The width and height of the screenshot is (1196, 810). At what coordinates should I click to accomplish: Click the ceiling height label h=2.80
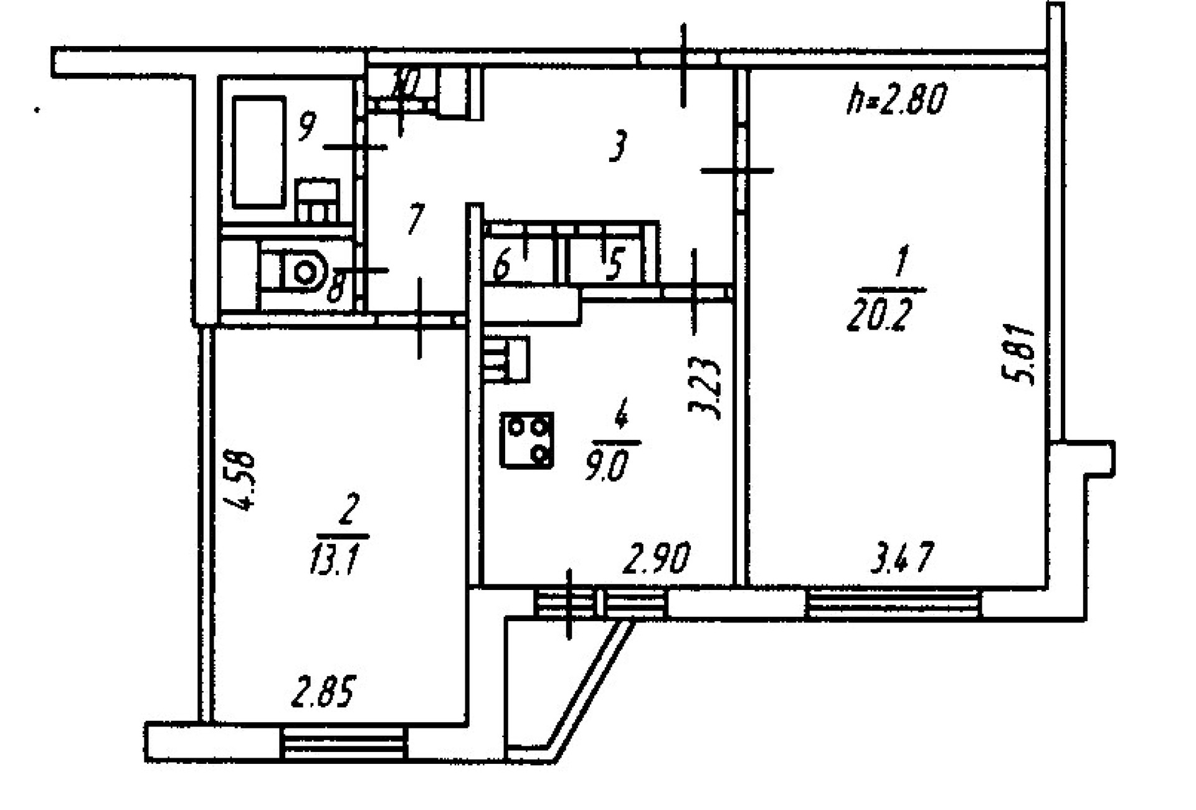click(897, 100)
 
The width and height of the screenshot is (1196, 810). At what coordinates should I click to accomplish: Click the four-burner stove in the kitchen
click(526, 441)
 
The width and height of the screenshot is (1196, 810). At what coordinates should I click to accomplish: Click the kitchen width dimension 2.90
click(657, 558)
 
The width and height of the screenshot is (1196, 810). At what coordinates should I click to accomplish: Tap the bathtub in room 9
click(259, 152)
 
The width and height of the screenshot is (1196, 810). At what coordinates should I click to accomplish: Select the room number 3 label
click(617, 146)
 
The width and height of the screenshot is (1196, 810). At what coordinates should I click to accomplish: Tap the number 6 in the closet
click(502, 266)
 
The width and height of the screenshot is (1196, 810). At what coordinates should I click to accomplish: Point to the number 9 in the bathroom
click(305, 126)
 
